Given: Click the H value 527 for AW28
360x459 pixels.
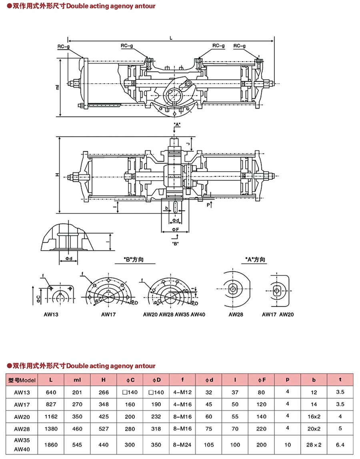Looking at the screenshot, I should [x=104, y=428].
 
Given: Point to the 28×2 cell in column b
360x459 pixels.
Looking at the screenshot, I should [x=314, y=444].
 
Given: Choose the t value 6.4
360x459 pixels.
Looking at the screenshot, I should [x=340, y=444].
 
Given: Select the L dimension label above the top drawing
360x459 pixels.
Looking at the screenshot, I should [x=171, y=38].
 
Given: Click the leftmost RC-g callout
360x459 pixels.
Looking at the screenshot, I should [x=63, y=47].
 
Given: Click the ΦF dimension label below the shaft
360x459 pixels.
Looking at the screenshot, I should [x=175, y=229].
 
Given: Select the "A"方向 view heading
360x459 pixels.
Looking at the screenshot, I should [x=255, y=260].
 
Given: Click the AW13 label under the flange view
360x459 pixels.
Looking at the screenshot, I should [x=51, y=314].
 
